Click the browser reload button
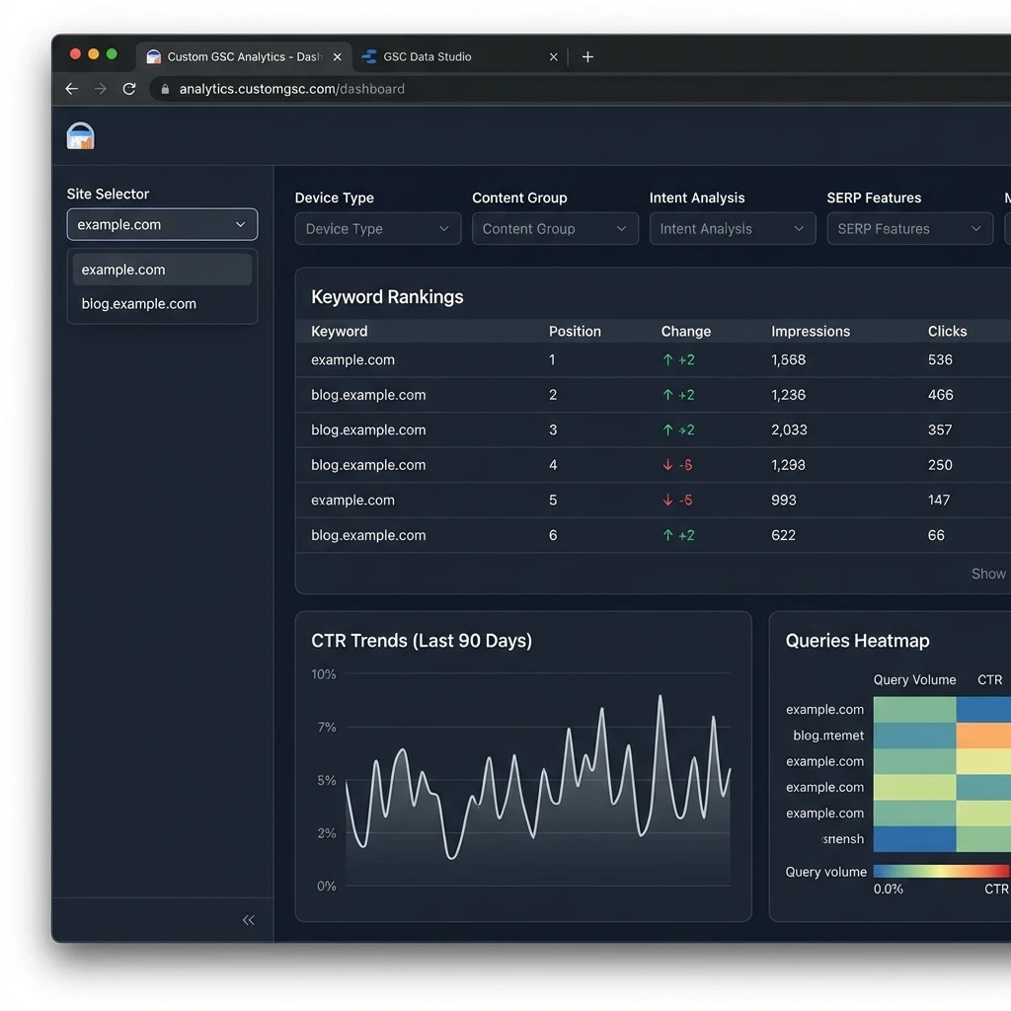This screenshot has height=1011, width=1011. coord(128,89)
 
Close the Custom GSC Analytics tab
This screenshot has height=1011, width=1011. coord(337,57)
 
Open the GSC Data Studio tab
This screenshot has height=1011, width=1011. coord(427,57)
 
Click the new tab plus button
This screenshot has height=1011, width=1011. coord(587,57)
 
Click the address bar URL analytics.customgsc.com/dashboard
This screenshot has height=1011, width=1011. coord(291,89)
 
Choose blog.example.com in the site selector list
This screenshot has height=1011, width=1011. coord(139,304)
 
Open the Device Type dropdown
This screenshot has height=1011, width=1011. coord(377,229)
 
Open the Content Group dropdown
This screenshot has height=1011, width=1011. coord(554,229)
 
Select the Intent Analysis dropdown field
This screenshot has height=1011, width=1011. coord(732,229)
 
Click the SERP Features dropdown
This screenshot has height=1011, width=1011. coord(909,229)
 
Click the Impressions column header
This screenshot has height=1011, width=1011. coord(810,332)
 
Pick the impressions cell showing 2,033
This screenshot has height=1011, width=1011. coord(789,430)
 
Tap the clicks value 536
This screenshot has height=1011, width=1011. coord(940,360)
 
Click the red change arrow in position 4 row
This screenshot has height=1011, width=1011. coord(668,465)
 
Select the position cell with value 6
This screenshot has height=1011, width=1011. coord(553,535)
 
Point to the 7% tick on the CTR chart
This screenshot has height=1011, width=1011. coord(326,728)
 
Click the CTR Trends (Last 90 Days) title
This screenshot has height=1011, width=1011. coord(422,641)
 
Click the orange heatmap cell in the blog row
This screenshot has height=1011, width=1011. coord(983,736)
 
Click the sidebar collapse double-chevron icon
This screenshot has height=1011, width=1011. coord(248,920)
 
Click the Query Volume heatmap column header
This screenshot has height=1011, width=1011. coord(914,680)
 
